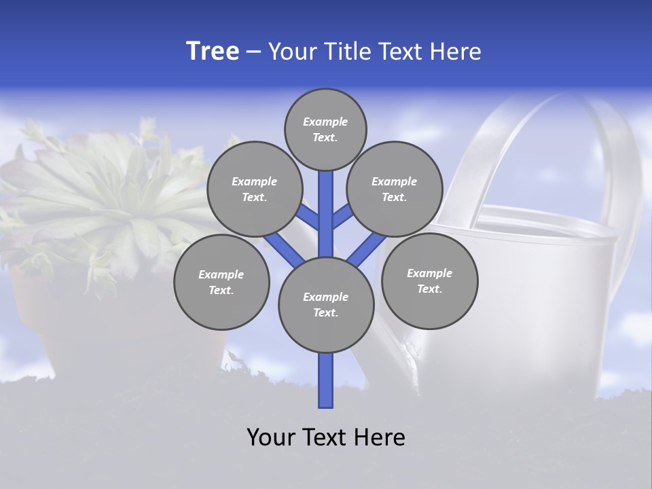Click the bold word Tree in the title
(x=213, y=52)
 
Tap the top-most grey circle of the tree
(x=325, y=129)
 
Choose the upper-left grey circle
(x=254, y=189)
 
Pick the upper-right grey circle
(x=395, y=189)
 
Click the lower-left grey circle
(x=221, y=282)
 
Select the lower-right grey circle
(x=429, y=280)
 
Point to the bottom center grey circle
(x=326, y=305)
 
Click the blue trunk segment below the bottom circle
(x=326, y=380)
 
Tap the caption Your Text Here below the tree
(x=326, y=437)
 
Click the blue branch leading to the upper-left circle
(x=307, y=218)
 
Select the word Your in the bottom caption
(x=270, y=437)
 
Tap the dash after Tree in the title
(x=253, y=52)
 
